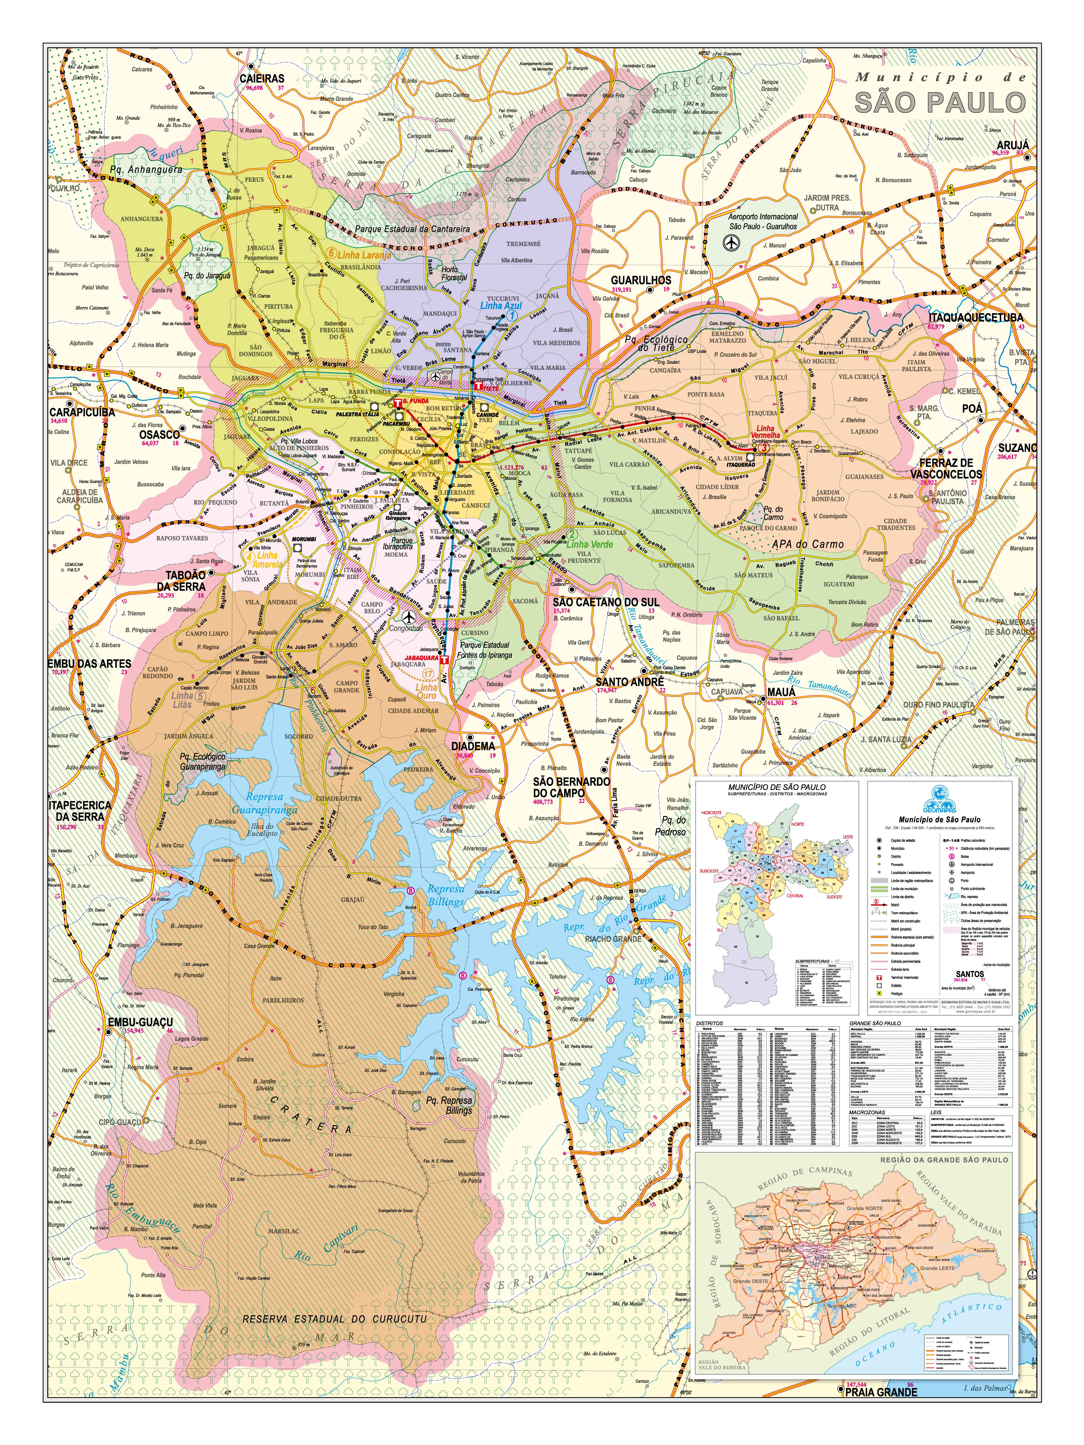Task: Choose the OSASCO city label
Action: (160, 434)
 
